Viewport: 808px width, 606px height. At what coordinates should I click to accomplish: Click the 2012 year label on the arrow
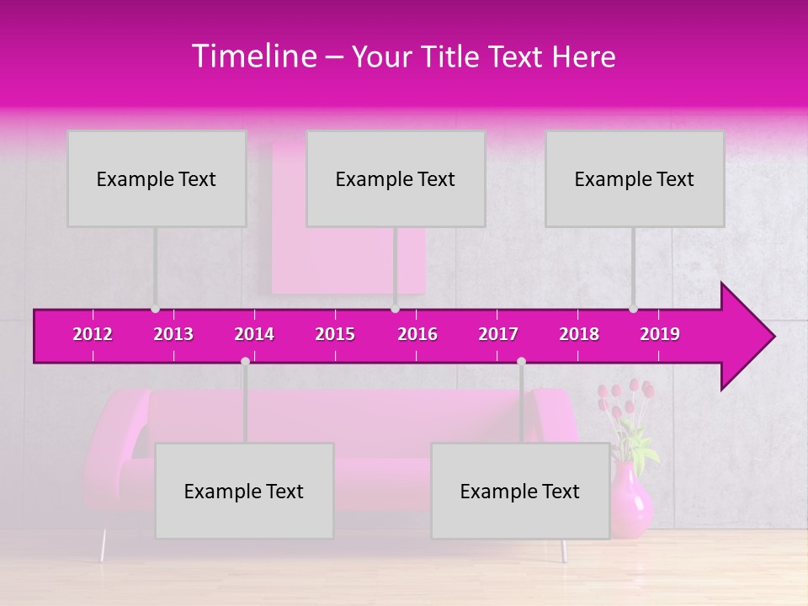(x=93, y=334)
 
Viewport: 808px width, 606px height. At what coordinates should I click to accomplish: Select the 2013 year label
(x=173, y=334)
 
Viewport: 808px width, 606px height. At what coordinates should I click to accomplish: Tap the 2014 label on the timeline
(x=254, y=334)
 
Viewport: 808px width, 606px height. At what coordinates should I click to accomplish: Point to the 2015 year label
(x=335, y=334)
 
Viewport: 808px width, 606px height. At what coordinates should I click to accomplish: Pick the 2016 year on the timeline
(x=417, y=334)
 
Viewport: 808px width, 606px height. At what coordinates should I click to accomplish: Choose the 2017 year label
(x=498, y=334)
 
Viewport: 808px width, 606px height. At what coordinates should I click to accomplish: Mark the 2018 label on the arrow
(x=579, y=334)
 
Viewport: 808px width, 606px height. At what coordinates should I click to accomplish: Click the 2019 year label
(x=660, y=334)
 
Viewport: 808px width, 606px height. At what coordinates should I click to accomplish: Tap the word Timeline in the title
(x=254, y=56)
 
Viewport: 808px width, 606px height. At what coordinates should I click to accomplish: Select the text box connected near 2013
(x=157, y=178)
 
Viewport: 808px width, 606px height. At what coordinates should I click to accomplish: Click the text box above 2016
(x=396, y=178)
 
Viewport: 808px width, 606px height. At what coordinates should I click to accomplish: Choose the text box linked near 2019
(x=635, y=178)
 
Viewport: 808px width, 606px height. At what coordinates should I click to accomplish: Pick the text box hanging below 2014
(x=244, y=491)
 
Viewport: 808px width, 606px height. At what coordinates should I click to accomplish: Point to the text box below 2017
(x=520, y=491)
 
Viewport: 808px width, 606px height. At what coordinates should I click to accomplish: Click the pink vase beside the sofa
(x=630, y=501)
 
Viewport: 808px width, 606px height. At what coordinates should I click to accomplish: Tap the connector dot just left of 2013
(x=155, y=309)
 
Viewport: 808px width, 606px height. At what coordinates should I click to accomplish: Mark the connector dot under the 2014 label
(x=245, y=361)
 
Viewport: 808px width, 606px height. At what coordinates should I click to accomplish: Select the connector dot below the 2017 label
(x=521, y=361)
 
